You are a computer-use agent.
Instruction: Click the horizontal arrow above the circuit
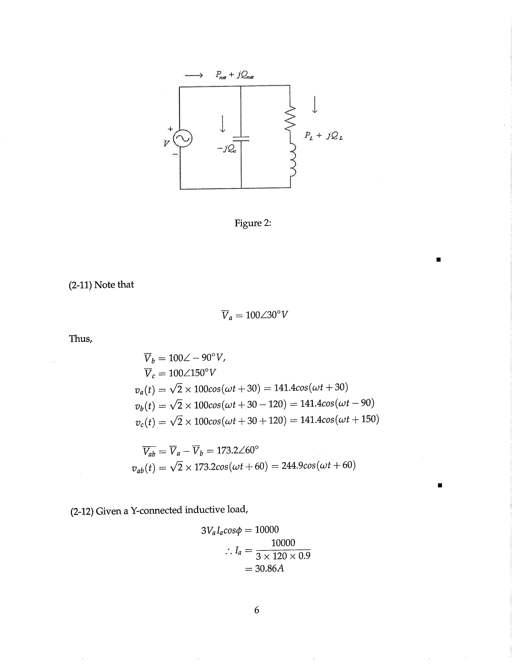(193, 75)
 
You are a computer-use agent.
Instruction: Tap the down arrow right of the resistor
(315, 105)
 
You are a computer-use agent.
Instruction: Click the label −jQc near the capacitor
(226, 149)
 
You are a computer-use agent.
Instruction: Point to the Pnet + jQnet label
(235, 75)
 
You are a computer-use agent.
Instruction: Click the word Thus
(80, 338)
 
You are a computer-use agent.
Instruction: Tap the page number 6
(256, 610)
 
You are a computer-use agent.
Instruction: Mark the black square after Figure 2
(438, 259)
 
